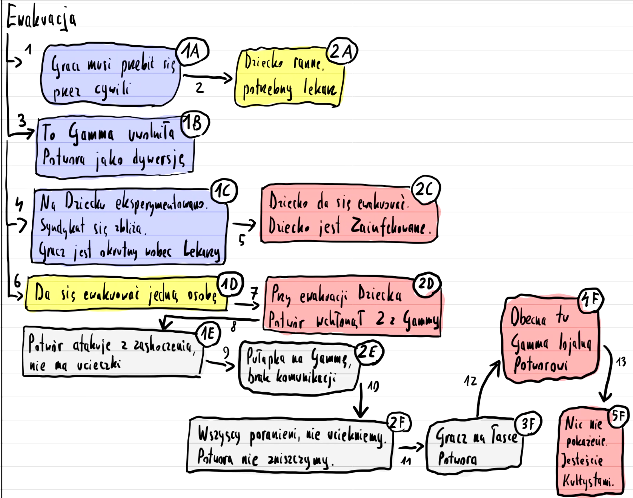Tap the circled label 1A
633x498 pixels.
click(x=192, y=51)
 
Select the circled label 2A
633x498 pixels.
click(x=342, y=51)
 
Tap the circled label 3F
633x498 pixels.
click(x=528, y=423)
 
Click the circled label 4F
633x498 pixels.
click(x=591, y=300)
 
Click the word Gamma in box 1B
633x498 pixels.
click(x=91, y=134)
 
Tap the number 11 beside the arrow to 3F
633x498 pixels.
click(x=406, y=461)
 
